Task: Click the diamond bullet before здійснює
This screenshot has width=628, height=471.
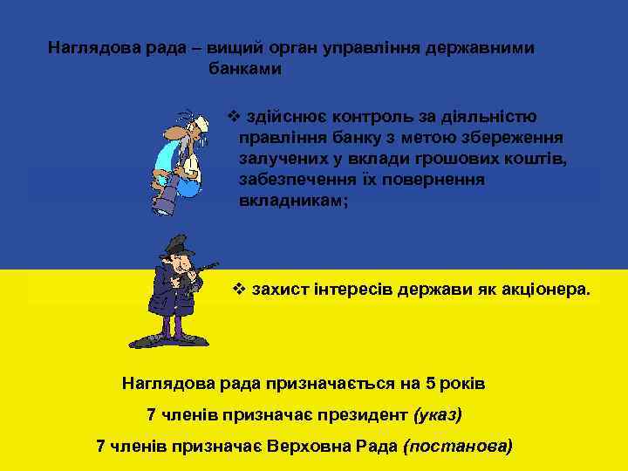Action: (232, 117)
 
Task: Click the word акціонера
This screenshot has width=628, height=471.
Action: (547, 288)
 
